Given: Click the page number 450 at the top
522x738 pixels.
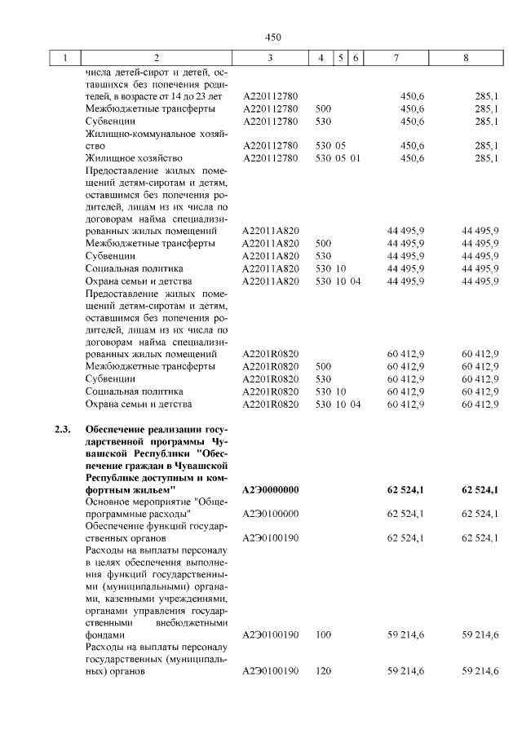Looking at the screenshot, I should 272,37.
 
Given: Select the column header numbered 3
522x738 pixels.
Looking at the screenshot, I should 270,59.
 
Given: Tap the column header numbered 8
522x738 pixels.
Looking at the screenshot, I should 466,59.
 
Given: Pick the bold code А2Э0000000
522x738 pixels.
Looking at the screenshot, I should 271,489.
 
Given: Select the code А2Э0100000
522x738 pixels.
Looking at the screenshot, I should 271,513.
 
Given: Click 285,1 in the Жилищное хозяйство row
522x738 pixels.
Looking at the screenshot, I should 486,157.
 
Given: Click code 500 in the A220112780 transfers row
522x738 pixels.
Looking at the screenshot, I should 323,108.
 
